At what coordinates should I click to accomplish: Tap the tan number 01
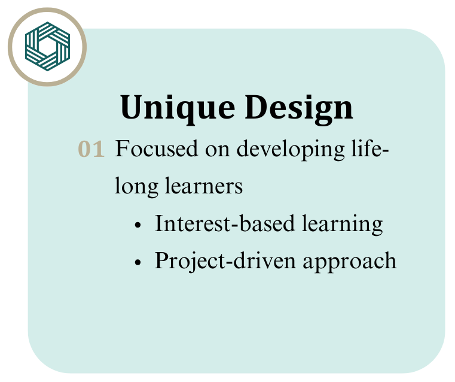[91, 149]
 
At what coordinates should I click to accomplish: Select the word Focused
[157, 148]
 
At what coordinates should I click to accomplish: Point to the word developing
[291, 150]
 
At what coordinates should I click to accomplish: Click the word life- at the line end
[370, 148]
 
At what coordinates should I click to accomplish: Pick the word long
[136, 187]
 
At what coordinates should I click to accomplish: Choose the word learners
[204, 186]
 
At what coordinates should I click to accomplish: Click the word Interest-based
[225, 223]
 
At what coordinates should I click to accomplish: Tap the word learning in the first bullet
[343, 225]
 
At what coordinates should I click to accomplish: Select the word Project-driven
[225, 261]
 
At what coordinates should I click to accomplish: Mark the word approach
[350, 262]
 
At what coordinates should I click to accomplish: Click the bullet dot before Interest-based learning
[138, 225]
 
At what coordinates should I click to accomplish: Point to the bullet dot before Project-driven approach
[138, 262]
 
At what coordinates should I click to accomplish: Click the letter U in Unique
[133, 107]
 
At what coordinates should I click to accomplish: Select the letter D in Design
[258, 107]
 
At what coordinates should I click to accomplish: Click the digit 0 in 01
[85, 149]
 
